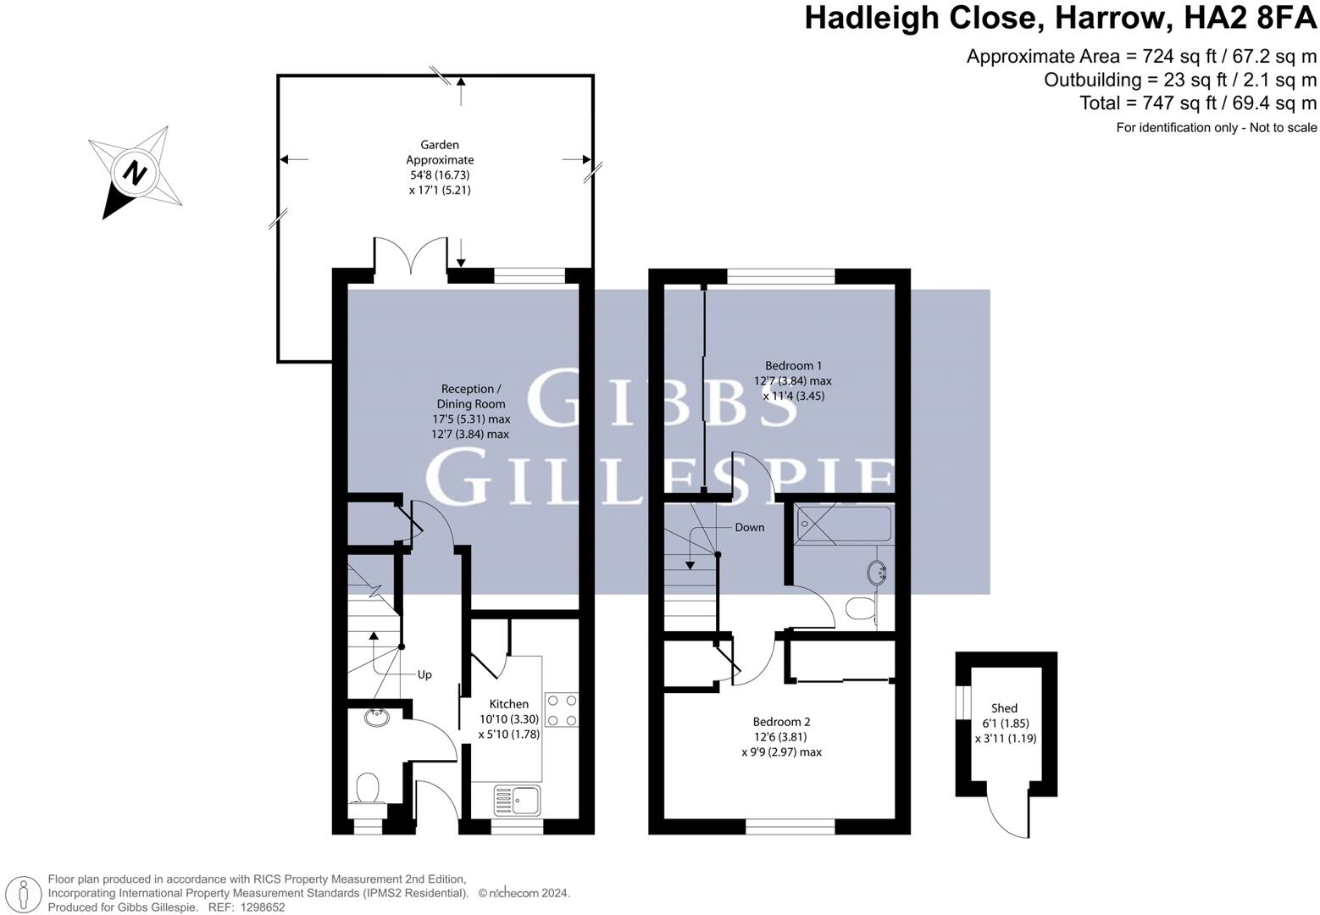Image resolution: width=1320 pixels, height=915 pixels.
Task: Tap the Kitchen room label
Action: tap(508, 704)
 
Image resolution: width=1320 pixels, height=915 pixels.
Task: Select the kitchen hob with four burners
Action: tap(561, 710)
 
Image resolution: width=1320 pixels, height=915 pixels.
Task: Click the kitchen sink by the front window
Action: tap(518, 799)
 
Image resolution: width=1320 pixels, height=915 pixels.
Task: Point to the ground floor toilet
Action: tap(368, 788)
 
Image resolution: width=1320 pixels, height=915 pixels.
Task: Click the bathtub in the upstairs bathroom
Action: tap(844, 524)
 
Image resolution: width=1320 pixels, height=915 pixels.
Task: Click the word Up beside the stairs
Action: tap(424, 674)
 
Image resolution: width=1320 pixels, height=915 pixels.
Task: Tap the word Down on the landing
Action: tap(749, 527)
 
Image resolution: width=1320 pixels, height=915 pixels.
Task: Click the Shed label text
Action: tap(1004, 708)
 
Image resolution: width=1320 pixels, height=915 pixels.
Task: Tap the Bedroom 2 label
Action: tap(781, 722)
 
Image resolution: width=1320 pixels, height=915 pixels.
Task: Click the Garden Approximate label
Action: tap(439, 152)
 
